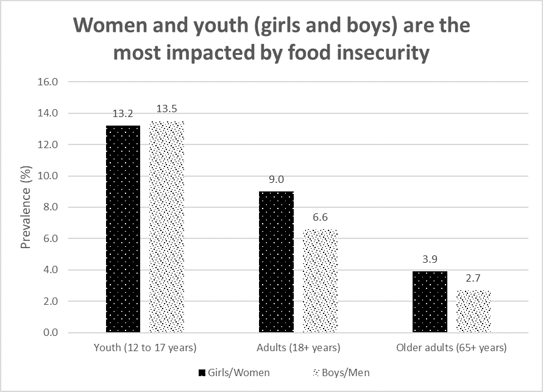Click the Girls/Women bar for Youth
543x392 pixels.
[x=123, y=229]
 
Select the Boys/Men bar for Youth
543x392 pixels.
[x=167, y=227]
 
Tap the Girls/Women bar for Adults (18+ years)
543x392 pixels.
[x=277, y=262]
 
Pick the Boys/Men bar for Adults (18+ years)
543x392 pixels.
[x=321, y=281]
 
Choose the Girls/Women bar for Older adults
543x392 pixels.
[x=430, y=302]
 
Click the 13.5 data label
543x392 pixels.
[x=167, y=110]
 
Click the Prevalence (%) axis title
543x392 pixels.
[x=26, y=207]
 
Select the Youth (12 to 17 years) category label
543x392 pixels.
[x=145, y=348]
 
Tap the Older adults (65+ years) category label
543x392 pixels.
[x=452, y=348]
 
